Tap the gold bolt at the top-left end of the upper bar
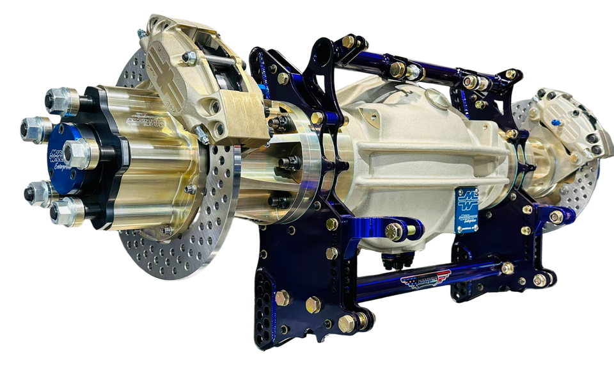click(349, 41)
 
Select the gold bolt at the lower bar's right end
click(539, 280)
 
